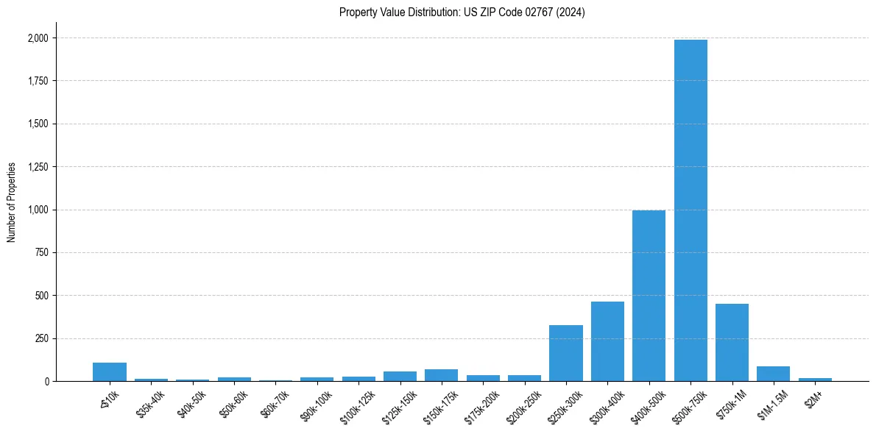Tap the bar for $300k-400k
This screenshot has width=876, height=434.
(x=607, y=341)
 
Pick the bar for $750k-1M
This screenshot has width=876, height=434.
(x=732, y=343)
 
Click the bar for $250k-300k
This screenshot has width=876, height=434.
(x=566, y=353)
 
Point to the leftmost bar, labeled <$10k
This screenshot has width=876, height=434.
(x=110, y=372)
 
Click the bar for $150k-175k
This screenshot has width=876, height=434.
(x=441, y=375)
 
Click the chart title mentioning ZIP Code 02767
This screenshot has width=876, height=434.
(x=462, y=13)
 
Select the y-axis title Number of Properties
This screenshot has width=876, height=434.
(x=12, y=202)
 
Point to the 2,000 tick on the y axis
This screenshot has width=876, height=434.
(x=38, y=38)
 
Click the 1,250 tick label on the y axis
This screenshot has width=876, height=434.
(x=38, y=167)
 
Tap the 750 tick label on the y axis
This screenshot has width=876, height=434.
(x=42, y=253)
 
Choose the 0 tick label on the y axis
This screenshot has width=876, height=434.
(x=46, y=382)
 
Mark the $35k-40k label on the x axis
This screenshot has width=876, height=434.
(x=149, y=404)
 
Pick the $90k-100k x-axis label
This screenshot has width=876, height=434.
(x=315, y=404)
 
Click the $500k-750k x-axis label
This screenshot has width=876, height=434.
(x=688, y=405)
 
